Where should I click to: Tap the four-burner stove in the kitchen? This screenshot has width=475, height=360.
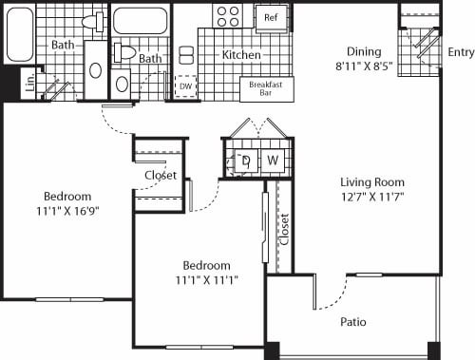click(x=228, y=15)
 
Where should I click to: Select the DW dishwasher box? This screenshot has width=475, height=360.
click(x=186, y=85)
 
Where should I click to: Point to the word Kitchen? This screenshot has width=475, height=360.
click(x=241, y=55)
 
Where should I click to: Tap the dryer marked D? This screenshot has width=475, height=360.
click(x=245, y=160)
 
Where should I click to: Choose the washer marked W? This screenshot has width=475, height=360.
click(x=273, y=160)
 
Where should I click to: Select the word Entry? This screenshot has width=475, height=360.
click(x=460, y=53)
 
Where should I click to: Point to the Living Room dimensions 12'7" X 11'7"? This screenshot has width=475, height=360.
click(x=372, y=198)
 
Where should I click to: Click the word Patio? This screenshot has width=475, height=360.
click(x=354, y=322)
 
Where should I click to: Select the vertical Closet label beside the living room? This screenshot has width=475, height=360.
click(x=284, y=227)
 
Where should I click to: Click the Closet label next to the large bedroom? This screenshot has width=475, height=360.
click(x=161, y=176)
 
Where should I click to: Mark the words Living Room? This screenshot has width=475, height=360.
click(x=372, y=182)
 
